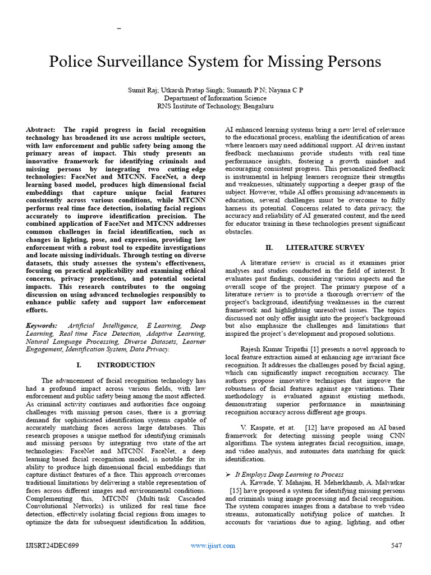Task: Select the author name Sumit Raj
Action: (145, 90)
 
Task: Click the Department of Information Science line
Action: (215, 98)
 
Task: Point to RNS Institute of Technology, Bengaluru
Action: (215, 106)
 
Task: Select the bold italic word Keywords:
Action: (42, 326)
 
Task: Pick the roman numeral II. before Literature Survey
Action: (268, 247)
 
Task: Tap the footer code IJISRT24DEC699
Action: (52, 545)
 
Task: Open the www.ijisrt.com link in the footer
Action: (213, 545)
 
